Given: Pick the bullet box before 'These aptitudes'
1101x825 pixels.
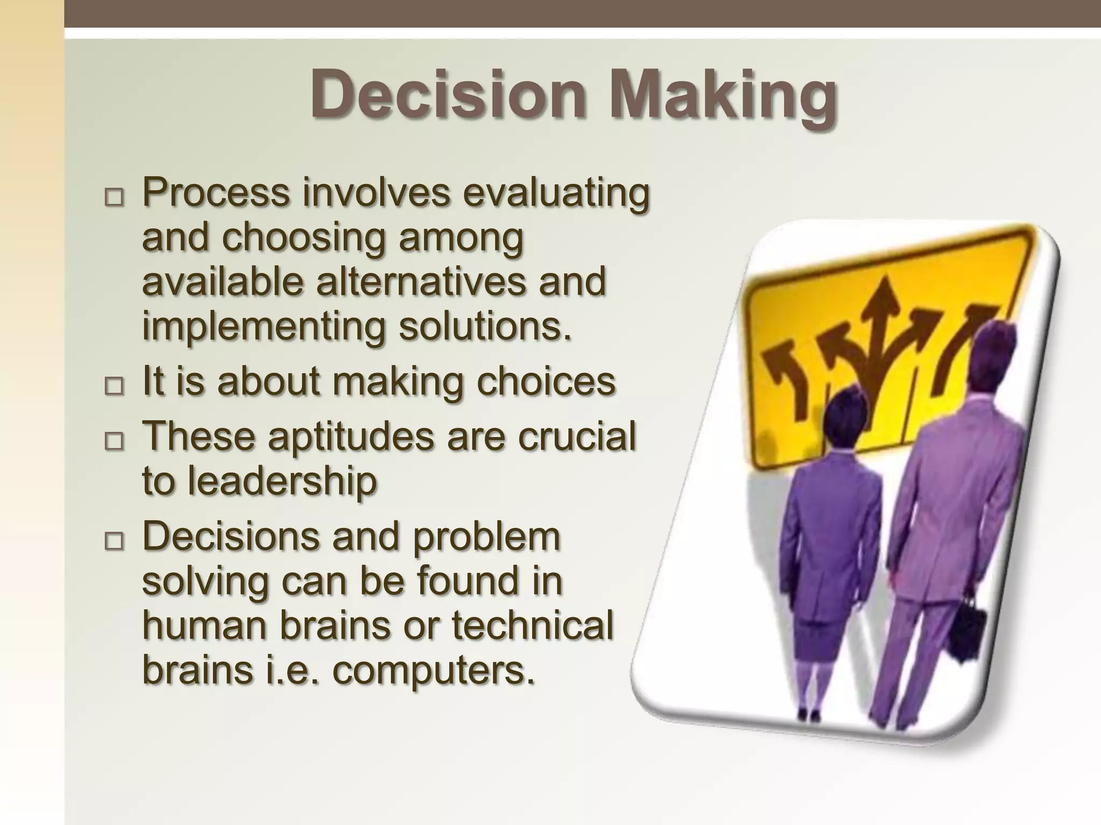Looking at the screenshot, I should click(113, 442).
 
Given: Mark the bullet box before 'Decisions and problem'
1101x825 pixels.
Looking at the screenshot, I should click(113, 541).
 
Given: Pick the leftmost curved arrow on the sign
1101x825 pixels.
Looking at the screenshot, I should click(782, 376).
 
